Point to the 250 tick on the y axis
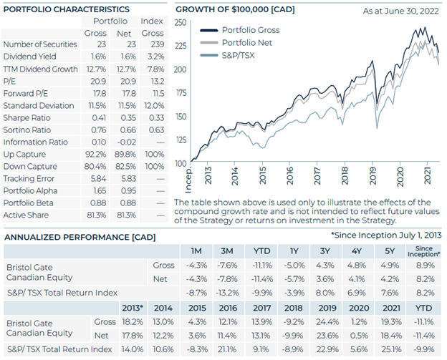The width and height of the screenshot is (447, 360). [181, 22]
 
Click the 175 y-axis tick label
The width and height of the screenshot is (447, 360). [181, 93]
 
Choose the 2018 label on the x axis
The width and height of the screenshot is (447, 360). [345, 176]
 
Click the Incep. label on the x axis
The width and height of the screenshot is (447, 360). [188, 180]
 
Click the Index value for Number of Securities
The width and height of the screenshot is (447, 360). [158, 44]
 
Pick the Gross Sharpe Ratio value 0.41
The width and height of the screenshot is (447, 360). [99, 117]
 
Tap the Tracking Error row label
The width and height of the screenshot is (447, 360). [29, 179]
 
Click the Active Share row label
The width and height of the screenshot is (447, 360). [26, 215]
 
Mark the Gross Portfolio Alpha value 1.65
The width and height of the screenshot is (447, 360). [100, 191]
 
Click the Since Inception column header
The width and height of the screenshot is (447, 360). [424, 251]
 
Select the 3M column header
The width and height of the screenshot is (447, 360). [227, 251]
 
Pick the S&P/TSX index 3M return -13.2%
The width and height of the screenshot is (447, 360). [227, 293]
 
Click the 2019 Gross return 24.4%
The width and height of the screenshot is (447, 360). [327, 322]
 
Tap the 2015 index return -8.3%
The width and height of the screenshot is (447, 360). [197, 349]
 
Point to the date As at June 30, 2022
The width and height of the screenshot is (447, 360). [401, 11]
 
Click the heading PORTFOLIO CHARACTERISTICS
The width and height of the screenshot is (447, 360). [67, 9]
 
